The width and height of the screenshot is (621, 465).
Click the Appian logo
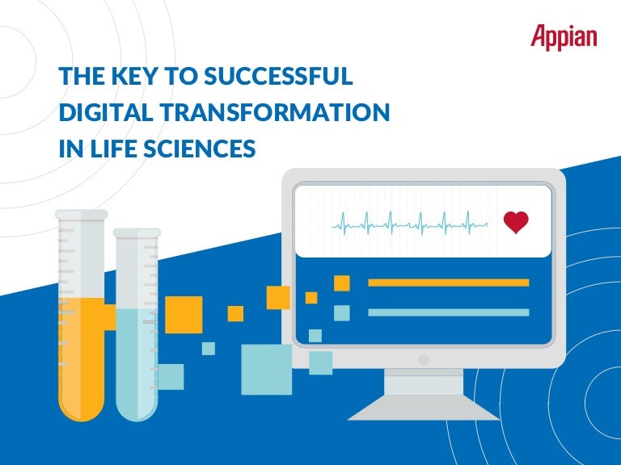pyautogui.click(x=564, y=36)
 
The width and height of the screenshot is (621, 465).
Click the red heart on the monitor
pyautogui.click(x=515, y=222)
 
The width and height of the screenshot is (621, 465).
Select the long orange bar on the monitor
pyautogui.click(x=448, y=283)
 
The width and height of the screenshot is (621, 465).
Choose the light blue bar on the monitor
pyautogui.click(x=448, y=312)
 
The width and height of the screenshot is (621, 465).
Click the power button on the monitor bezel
pyautogui.click(x=423, y=359)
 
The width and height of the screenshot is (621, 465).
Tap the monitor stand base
pyautogui.click(x=423, y=407)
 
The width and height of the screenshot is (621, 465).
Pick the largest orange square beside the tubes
pyautogui.click(x=184, y=314)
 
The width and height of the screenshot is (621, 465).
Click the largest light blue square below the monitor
pyautogui.click(x=266, y=369)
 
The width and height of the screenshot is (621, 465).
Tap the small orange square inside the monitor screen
pyautogui.click(x=341, y=283)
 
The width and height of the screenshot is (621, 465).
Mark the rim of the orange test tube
pyautogui.click(x=81, y=214)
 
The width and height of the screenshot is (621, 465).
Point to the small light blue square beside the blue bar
pyautogui.click(x=341, y=312)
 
